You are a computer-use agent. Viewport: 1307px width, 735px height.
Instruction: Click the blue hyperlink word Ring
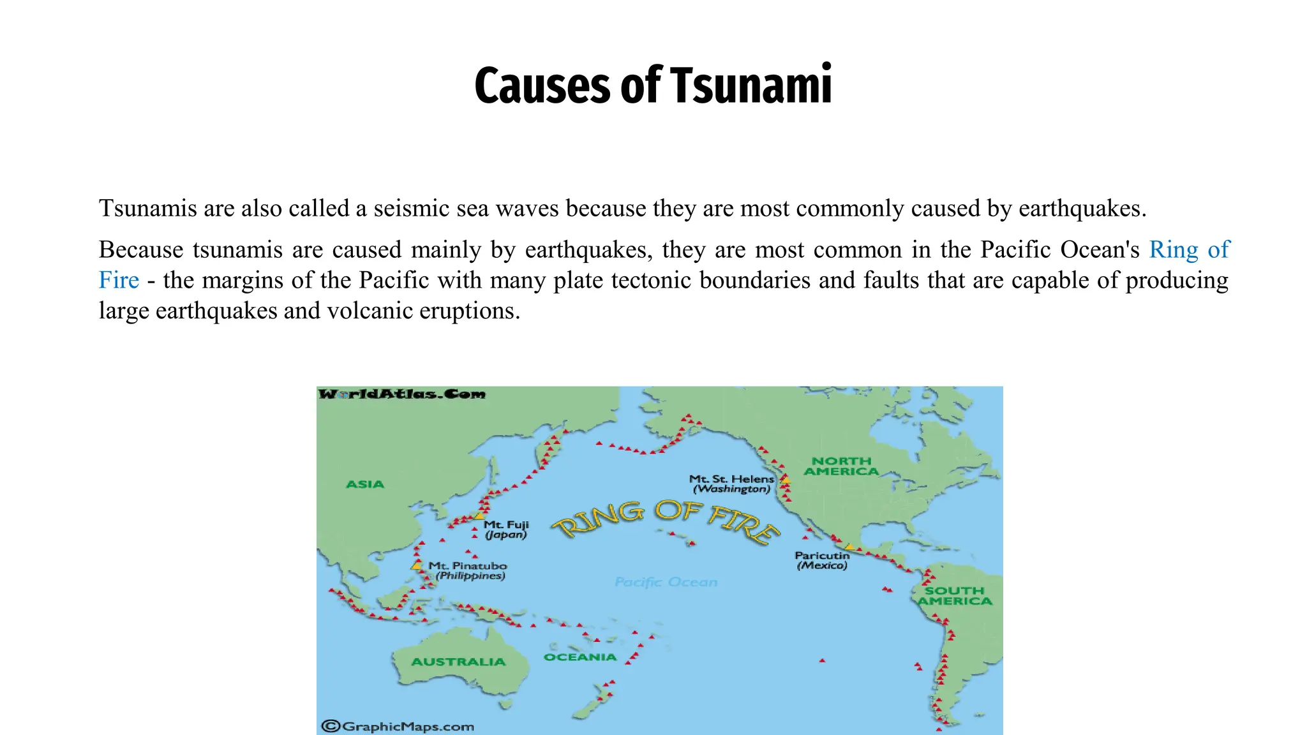coord(1174,249)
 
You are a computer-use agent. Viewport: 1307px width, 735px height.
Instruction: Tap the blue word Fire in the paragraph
coord(119,280)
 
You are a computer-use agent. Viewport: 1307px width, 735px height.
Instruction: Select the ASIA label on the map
coord(365,484)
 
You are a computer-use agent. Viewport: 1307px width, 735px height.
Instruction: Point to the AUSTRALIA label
coord(458,662)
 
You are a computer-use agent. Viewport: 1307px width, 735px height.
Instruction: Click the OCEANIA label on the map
coord(580,657)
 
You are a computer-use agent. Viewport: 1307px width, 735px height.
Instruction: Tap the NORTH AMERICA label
coord(841,466)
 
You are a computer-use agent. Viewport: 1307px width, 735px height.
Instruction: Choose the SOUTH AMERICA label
coord(955,596)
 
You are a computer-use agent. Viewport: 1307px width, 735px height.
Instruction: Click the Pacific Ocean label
coord(666,582)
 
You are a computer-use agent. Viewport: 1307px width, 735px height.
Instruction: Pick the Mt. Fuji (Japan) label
coord(506,530)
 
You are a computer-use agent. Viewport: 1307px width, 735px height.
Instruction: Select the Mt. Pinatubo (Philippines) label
coord(468,570)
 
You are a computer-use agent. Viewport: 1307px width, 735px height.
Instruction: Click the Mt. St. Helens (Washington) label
coord(731,484)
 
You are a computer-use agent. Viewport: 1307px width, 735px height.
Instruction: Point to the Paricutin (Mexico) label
coord(822,560)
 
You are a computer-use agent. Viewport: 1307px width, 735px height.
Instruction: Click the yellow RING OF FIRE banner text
coord(666,521)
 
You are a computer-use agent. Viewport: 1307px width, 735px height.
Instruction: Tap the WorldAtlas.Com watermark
coord(402,394)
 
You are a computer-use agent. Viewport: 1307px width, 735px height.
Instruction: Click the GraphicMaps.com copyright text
coord(398,726)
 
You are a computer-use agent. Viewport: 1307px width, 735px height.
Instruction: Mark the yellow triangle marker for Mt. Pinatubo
coord(417,565)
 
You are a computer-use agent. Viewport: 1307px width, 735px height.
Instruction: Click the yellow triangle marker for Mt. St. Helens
coord(786,480)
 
